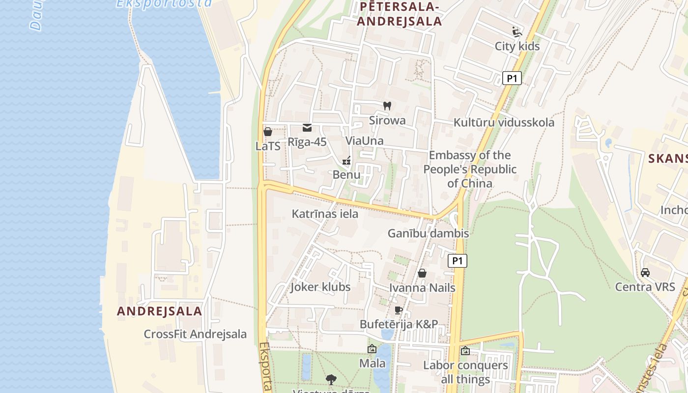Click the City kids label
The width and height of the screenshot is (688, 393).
pyautogui.click(x=517, y=46)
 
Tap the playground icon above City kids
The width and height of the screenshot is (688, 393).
pyautogui.click(x=517, y=32)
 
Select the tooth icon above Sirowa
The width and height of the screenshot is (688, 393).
pyautogui.click(x=387, y=106)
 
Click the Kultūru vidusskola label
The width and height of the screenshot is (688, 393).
pyautogui.click(x=504, y=122)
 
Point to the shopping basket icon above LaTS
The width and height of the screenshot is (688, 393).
pyautogui.click(x=268, y=132)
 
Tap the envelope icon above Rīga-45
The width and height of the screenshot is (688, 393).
pyautogui.click(x=307, y=128)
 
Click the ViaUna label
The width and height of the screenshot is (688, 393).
pyautogui.click(x=364, y=141)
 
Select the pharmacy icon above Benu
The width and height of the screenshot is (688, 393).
pyautogui.click(x=346, y=161)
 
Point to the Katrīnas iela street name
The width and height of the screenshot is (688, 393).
pyautogui.click(x=325, y=214)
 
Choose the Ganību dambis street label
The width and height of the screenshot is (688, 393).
pyautogui.click(x=428, y=233)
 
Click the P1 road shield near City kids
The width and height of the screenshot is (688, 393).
pyautogui.click(x=512, y=78)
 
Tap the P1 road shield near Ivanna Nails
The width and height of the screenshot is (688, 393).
pyautogui.click(x=457, y=261)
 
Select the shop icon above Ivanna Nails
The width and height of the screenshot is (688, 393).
pyautogui.click(x=422, y=273)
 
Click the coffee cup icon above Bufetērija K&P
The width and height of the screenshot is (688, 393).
pyautogui.click(x=399, y=310)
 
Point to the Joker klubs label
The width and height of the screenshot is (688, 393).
pyautogui.click(x=320, y=287)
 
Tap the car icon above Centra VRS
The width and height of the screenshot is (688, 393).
pyautogui.click(x=645, y=273)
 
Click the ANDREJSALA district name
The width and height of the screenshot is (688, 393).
pyautogui.click(x=159, y=311)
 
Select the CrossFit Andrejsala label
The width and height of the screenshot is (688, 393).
pyautogui.click(x=195, y=334)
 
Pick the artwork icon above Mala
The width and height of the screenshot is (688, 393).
pyautogui.click(x=372, y=349)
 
